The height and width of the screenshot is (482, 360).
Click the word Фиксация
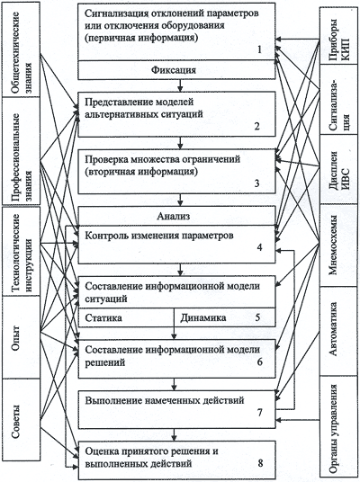coord(174,70)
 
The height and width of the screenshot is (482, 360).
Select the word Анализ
coord(173,216)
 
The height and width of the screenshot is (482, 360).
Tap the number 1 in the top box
coord(259,49)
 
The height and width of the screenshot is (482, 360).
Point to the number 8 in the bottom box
coord(260,463)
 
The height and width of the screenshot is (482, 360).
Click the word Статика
coord(103,317)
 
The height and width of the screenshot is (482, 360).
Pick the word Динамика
coord(203,317)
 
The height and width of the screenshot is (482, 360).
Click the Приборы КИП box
coord(338,36)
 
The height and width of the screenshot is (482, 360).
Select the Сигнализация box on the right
coord(338,99)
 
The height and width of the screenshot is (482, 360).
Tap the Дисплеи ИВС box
coord(338,169)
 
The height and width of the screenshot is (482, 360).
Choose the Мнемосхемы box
coord(338,245)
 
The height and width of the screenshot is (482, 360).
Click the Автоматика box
coord(338,331)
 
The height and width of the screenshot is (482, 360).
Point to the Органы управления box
coord(338,426)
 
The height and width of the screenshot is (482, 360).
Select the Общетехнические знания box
coord(22,49)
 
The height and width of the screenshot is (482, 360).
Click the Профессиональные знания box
coord(22,151)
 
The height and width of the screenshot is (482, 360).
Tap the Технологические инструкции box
coord(22,252)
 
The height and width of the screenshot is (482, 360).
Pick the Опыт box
coord(22,337)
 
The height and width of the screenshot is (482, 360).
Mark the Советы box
coord(22,419)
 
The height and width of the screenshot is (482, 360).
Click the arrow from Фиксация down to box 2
coord(180,85)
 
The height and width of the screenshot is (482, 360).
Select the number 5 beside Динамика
coord(257,317)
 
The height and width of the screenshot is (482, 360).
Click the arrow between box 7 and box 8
coord(175,435)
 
